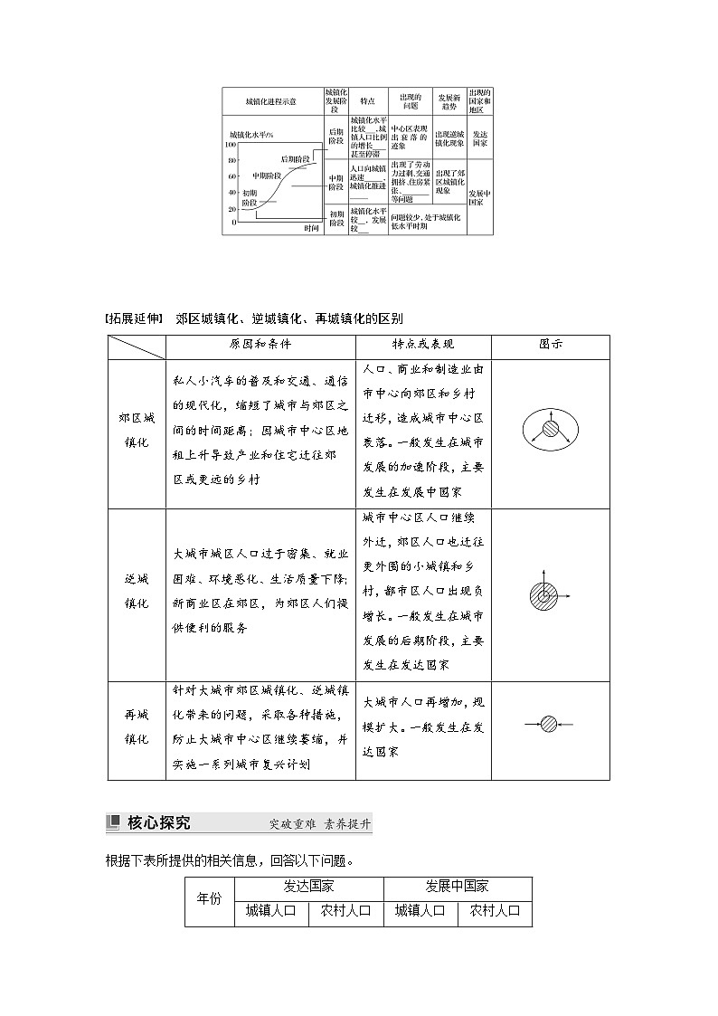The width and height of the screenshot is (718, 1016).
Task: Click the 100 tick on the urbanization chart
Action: tap(230, 145)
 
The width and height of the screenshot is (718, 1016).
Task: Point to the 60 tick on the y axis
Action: tap(231, 176)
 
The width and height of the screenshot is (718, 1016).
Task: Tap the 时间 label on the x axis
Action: tap(312, 228)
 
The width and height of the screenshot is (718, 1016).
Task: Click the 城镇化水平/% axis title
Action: tap(251, 134)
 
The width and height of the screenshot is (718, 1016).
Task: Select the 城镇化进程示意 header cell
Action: tap(270, 101)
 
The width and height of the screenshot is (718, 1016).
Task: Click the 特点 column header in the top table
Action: tap(367, 101)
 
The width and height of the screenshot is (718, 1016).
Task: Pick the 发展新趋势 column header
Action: tap(449, 101)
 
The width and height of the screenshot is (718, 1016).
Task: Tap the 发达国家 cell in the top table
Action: tap(480, 138)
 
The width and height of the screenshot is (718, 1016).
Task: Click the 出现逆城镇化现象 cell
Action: tap(449, 138)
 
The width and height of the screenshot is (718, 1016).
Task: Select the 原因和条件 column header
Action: tap(260, 346)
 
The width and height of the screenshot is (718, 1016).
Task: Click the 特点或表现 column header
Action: tap(423, 346)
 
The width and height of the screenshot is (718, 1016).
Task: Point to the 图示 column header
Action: tap(551, 346)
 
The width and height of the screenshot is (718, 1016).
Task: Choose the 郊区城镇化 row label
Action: tap(137, 433)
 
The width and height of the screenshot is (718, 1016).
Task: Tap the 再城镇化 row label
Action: tap(137, 727)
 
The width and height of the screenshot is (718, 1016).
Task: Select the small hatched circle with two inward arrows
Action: tap(549, 724)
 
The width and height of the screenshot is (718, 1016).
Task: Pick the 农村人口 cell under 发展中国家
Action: tap(495, 911)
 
